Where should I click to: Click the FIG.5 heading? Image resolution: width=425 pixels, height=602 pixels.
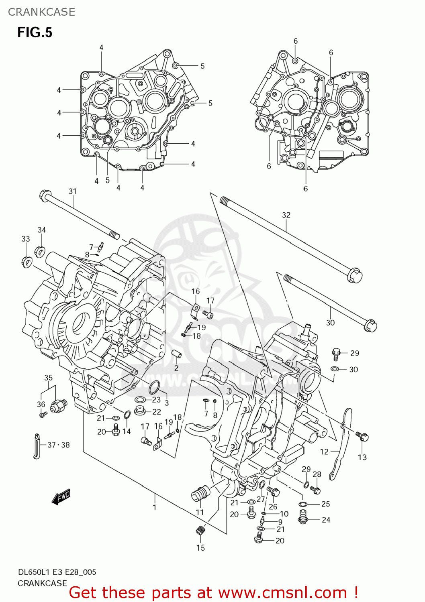pyautogui.click(x=35, y=33)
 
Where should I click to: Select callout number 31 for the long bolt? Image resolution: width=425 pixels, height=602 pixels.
pyautogui.click(x=72, y=191)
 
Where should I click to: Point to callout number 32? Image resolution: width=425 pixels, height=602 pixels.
pyautogui.click(x=286, y=215)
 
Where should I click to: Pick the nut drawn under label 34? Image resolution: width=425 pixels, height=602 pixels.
pyautogui.click(x=40, y=251)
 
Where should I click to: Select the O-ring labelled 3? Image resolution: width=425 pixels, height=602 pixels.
pyautogui.click(x=154, y=388)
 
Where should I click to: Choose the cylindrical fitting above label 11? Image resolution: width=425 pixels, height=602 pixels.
pyautogui.click(x=200, y=493)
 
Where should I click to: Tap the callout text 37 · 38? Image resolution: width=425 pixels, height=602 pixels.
pyautogui.click(x=59, y=445)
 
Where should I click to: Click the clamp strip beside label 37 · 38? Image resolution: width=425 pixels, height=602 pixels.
pyautogui.click(x=37, y=445)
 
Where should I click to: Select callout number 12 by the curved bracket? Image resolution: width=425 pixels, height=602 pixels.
pyautogui.click(x=324, y=452)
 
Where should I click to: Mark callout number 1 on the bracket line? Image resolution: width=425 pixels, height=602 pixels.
pyautogui.click(x=155, y=508)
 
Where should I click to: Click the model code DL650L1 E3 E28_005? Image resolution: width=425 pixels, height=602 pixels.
pyautogui.click(x=57, y=572)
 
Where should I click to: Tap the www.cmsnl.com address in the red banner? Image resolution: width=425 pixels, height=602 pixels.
pyautogui.click(x=282, y=593)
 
